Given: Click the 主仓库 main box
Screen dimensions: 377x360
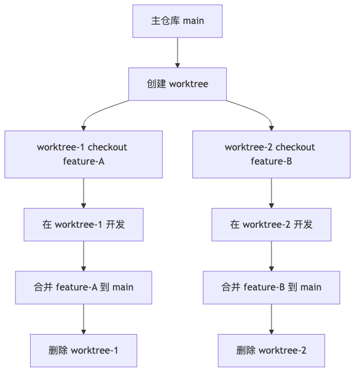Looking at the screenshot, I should (x=178, y=21).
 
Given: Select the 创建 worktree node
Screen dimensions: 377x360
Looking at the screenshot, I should (x=178, y=84).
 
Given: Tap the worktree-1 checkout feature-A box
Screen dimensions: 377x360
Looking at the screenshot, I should (x=84, y=154).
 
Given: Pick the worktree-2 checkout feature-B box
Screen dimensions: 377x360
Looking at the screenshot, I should (x=271, y=154).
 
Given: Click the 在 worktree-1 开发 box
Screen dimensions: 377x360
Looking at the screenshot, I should (x=84, y=225).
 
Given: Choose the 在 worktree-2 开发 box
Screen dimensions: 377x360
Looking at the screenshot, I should (x=271, y=225).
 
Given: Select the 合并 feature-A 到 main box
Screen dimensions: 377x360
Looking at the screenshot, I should (x=84, y=287).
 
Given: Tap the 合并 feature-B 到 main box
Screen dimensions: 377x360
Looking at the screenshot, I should (x=271, y=287).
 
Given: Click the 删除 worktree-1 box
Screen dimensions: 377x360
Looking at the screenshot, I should (x=84, y=350).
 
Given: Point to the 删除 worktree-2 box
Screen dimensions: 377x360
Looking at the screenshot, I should (x=271, y=350).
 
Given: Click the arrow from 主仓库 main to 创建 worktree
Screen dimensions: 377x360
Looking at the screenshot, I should (x=178, y=52).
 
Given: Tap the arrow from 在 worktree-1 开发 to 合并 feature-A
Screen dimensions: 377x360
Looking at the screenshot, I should (x=84, y=256).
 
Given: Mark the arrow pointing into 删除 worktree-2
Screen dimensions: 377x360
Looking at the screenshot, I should (x=271, y=319).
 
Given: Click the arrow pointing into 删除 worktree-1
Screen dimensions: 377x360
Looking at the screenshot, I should (x=84, y=319).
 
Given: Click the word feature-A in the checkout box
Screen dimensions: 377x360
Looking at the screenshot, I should (x=84, y=161).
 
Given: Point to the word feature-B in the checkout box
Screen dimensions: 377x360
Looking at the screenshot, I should (x=271, y=161).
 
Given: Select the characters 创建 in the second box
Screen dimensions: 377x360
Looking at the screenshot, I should (x=156, y=84).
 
